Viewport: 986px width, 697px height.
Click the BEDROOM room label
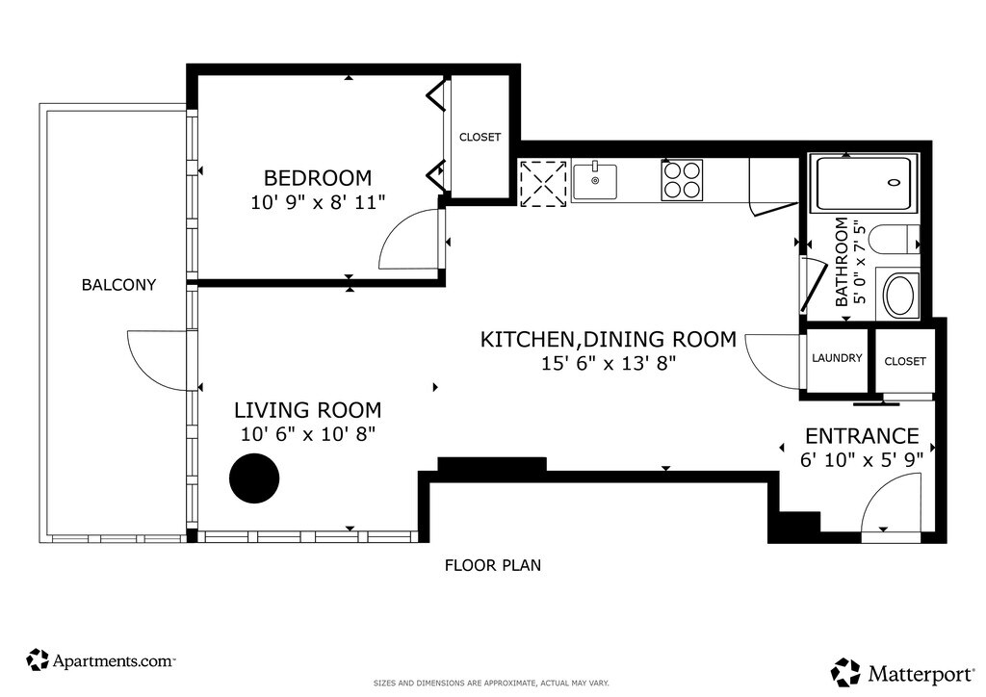pyautogui.click(x=318, y=178)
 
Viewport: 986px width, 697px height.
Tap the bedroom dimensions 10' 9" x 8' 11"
pyautogui.click(x=318, y=202)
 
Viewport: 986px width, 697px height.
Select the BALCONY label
pyautogui.click(x=118, y=285)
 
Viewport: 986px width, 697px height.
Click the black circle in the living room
pyautogui.click(x=254, y=478)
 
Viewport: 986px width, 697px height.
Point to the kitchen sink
pyautogui.click(x=594, y=182)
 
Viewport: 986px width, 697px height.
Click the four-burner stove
pyautogui.click(x=682, y=180)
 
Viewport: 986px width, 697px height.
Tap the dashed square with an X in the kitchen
pyautogui.click(x=543, y=183)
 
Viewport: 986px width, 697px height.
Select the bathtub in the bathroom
pyautogui.click(x=864, y=183)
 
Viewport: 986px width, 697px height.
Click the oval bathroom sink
pyautogui.click(x=901, y=295)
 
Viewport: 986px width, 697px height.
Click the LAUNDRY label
pyautogui.click(x=837, y=358)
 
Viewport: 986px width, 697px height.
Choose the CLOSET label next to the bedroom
pyautogui.click(x=480, y=137)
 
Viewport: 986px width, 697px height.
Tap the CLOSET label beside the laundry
pyautogui.click(x=905, y=361)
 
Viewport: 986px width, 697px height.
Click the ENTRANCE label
pyautogui.click(x=862, y=436)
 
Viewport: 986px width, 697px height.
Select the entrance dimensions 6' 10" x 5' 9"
pyautogui.click(x=862, y=460)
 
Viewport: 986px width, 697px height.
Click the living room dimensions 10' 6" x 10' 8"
pyautogui.click(x=308, y=433)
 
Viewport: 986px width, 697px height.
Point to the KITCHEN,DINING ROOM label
pyautogui.click(x=609, y=340)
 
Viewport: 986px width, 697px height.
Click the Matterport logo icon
pyautogui.click(x=846, y=672)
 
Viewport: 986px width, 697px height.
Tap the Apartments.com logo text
pyautogui.click(x=114, y=660)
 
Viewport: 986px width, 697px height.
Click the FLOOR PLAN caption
pyautogui.click(x=493, y=566)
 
